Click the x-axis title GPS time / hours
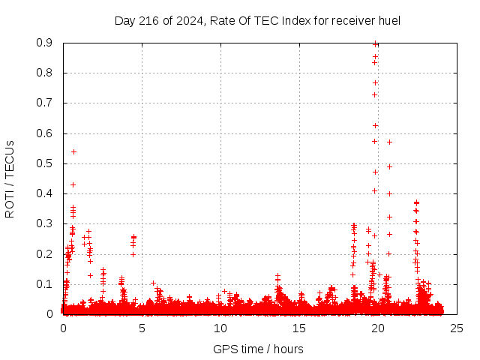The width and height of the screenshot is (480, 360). pos(258,349)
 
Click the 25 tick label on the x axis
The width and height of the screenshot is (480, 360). pos(457,328)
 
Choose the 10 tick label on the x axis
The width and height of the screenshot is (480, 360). pos(220,328)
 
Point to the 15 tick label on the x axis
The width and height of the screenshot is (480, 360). pos(299,328)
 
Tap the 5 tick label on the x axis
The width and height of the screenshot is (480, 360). pos(142,328)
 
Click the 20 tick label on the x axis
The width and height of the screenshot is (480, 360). pos(378,328)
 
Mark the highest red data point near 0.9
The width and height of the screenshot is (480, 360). pos(376,43)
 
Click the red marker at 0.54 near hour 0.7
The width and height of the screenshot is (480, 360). pos(73,151)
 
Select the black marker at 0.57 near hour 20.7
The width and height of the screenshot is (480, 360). pos(389,142)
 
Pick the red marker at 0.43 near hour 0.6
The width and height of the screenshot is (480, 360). pos(73,184)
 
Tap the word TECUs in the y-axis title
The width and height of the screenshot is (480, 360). pos(10,159)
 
